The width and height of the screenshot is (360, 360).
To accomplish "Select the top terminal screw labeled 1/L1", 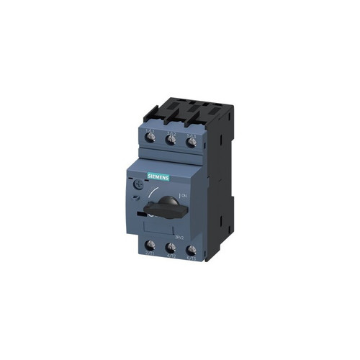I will (152, 141).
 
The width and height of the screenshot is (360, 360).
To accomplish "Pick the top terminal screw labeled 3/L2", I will (171, 142).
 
